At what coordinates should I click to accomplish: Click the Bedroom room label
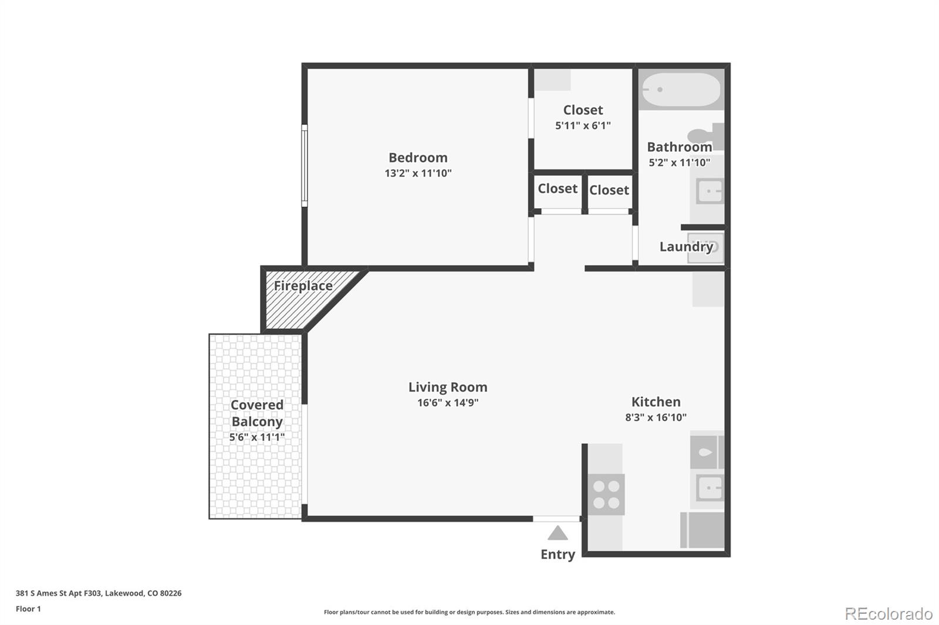(418, 158)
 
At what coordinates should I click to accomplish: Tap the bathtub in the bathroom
(681, 90)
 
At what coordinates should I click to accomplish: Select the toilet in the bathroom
(706, 135)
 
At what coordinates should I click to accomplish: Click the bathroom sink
(710, 192)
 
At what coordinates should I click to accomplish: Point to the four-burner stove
(606, 494)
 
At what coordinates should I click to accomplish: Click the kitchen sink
(710, 488)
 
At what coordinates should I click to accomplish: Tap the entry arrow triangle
(558, 533)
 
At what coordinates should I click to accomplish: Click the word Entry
(558, 554)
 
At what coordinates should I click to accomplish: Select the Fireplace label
(303, 286)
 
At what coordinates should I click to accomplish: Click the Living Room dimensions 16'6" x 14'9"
(448, 403)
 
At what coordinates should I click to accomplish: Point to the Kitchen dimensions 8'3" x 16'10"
(656, 417)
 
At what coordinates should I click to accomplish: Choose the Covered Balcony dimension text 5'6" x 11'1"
(256, 437)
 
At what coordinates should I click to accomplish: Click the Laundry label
(686, 247)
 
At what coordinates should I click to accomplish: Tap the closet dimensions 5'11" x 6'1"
(583, 125)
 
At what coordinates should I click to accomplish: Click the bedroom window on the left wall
(305, 165)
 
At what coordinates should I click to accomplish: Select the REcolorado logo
(889, 614)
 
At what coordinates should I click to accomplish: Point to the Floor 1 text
(28, 609)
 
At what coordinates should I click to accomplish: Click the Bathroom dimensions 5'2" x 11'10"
(679, 162)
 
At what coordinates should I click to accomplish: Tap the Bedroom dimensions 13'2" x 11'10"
(418, 173)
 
